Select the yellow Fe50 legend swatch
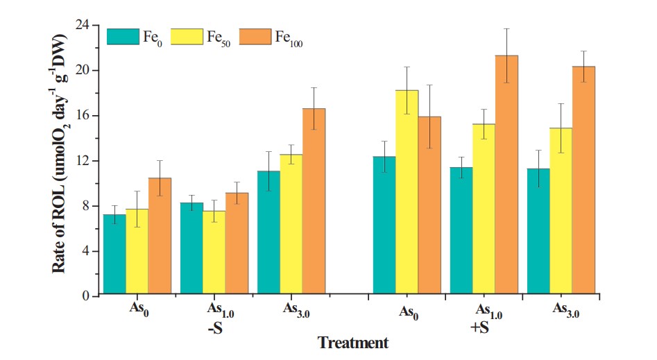coord(187,37)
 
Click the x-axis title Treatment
coord(352,343)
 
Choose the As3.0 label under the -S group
coord(294,311)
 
